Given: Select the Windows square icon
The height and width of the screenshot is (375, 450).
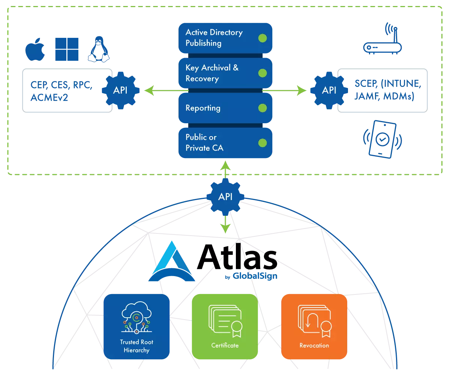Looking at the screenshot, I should (67, 49).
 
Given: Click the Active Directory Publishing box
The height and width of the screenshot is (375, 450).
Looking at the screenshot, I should (225, 38).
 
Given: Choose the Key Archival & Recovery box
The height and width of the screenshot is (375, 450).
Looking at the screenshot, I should (225, 73).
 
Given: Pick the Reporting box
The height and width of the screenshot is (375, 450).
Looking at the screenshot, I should (225, 108).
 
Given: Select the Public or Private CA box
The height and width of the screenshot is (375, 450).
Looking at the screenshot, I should (225, 143).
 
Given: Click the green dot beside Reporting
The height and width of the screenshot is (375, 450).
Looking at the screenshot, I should (262, 108).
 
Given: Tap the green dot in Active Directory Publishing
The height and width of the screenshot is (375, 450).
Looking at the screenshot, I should (262, 38).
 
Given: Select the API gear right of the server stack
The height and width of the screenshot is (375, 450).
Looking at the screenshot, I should (329, 90).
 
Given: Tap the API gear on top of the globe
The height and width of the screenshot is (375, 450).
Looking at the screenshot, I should (225, 197).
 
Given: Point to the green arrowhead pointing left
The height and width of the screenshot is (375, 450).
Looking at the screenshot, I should (149, 90).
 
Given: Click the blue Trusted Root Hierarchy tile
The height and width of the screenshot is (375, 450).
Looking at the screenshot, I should (136, 326).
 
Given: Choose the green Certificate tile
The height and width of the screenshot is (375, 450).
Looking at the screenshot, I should (225, 326).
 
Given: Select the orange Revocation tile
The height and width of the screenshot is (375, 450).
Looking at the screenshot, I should (314, 326).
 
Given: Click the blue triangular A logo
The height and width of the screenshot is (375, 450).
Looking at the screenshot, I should (172, 262).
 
